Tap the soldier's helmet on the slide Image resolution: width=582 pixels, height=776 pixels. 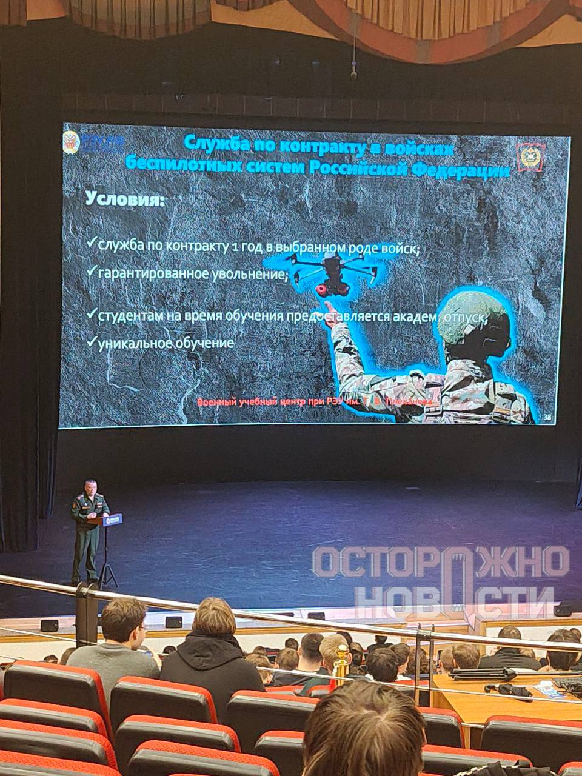[x=478, y=315]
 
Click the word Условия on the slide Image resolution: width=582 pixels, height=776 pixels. [x=125, y=199]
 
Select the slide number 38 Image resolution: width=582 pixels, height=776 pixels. [x=547, y=416]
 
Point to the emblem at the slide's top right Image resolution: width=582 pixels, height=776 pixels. [x=530, y=155]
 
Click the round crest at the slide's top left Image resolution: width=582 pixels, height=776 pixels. [x=72, y=142]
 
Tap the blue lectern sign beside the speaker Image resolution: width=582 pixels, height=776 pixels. [x=113, y=520]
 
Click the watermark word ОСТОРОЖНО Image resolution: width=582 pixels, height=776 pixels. [x=441, y=562]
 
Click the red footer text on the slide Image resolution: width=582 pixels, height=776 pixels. [x=315, y=402]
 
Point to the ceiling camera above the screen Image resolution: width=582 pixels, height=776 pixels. [x=353, y=72]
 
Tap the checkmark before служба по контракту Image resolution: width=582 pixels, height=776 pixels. [x=91, y=242]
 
